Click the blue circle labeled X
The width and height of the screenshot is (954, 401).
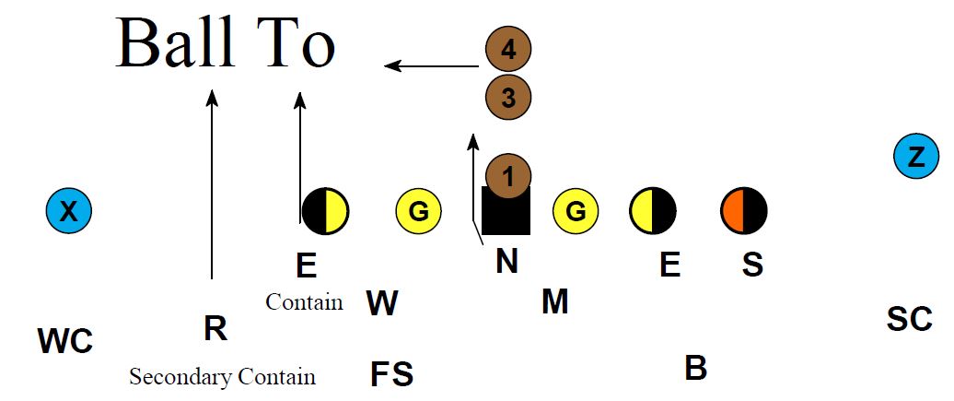point(69,212)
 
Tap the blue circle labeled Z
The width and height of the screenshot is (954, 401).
point(916,158)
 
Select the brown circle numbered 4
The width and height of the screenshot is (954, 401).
point(508,51)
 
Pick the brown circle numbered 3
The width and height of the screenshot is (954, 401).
point(508,96)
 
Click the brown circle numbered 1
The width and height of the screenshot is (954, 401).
point(508,173)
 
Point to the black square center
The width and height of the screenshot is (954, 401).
point(506,212)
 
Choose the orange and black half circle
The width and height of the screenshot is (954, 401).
point(743,211)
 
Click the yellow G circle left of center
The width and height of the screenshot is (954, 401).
point(418,212)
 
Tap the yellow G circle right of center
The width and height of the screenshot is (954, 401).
point(576,212)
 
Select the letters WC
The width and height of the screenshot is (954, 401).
point(65,341)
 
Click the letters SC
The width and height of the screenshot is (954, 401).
point(909,319)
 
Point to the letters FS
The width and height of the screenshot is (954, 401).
point(391,374)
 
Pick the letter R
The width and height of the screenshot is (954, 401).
point(215,328)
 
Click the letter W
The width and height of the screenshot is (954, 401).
point(382,303)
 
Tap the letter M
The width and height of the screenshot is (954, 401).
point(554,301)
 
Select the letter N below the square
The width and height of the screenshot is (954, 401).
point(506,262)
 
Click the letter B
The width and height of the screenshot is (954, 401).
point(695,368)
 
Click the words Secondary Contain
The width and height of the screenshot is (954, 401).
point(222,377)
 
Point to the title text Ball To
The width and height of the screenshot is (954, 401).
point(226,43)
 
